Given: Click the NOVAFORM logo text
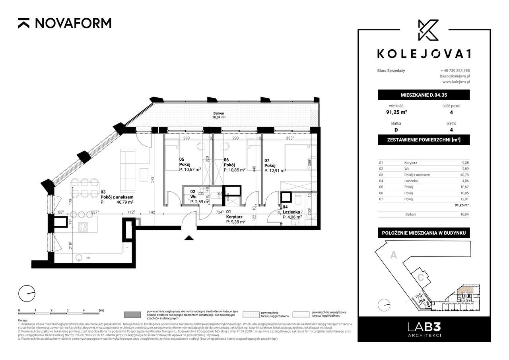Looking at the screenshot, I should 73,23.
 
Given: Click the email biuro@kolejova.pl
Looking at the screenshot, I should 455,76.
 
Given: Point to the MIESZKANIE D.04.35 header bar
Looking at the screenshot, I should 424,95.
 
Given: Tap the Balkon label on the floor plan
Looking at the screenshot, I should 218,113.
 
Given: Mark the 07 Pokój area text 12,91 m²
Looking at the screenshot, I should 277,171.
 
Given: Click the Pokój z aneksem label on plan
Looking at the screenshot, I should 117,197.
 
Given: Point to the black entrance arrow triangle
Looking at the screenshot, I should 189,238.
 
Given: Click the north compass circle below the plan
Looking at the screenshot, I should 27,294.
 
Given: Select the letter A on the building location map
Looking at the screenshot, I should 393,256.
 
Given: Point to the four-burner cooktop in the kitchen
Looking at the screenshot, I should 84,227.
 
